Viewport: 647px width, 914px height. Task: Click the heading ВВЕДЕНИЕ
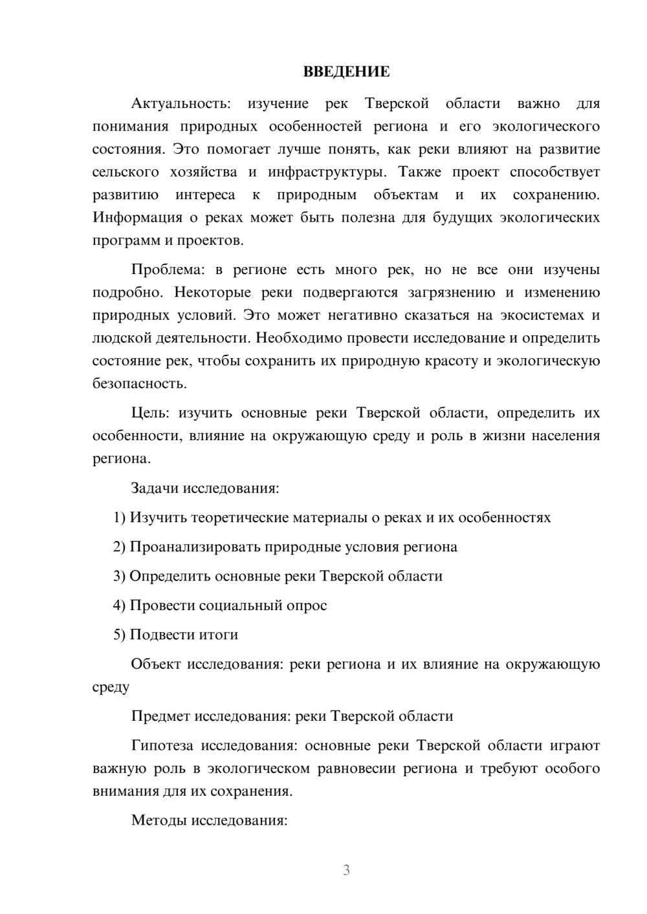346,72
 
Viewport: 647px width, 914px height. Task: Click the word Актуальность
180,103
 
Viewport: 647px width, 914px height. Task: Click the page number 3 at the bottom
346,870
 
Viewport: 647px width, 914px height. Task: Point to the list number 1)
120,518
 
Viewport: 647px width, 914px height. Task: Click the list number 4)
120,606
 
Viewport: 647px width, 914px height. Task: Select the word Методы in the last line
156,821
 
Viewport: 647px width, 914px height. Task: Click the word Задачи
155,488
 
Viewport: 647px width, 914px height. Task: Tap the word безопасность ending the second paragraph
139,384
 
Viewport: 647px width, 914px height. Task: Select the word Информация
136,218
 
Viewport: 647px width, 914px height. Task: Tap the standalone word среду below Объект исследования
111,688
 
